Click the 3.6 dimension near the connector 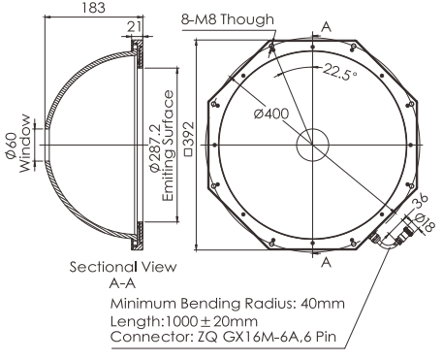(420, 203)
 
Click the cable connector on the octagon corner (392, 235)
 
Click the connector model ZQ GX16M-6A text (267, 339)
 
